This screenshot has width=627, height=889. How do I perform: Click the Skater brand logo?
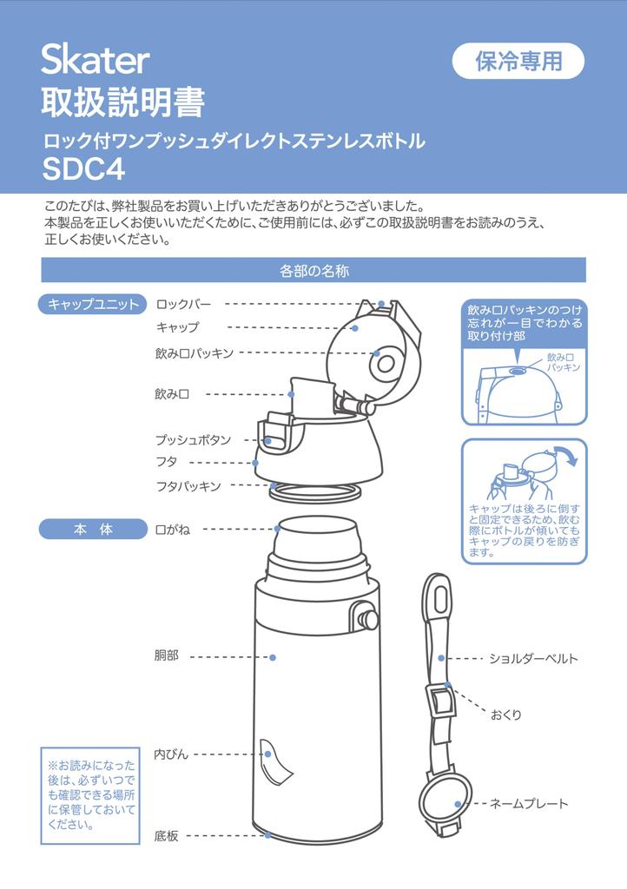(96, 60)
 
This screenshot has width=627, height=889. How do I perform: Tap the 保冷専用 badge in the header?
(518, 61)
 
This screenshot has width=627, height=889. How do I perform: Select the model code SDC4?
(84, 168)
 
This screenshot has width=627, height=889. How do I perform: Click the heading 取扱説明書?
(122, 102)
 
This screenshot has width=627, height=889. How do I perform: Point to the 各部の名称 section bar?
(313, 271)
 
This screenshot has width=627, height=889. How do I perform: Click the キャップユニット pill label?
(93, 305)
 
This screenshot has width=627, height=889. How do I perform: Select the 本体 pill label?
(93, 530)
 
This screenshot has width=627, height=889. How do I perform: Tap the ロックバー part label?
(184, 305)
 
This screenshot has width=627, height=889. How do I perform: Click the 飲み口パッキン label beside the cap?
(195, 353)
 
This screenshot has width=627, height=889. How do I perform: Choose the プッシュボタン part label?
(194, 440)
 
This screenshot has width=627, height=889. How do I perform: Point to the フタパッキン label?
(188, 486)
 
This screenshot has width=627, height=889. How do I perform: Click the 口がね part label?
(172, 530)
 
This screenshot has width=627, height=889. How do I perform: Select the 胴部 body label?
(166, 656)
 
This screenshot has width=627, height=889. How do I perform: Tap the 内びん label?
(171, 754)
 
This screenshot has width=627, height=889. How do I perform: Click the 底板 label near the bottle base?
(166, 836)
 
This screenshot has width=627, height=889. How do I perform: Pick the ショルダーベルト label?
(533, 659)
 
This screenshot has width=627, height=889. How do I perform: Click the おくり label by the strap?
(505, 715)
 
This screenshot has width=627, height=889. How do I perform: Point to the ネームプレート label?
(528, 803)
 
